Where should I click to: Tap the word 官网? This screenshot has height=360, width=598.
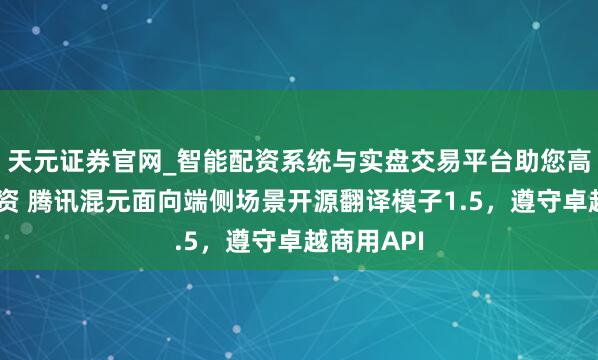[131, 157]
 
